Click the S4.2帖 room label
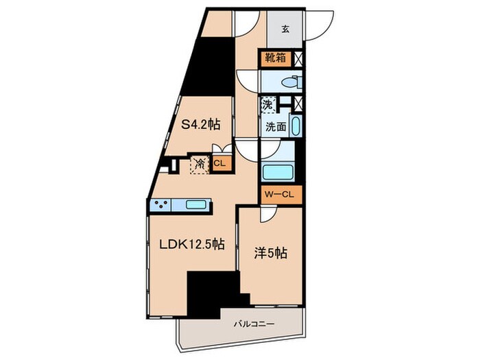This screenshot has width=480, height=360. tap(201, 124)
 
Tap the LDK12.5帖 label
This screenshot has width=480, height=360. tap(192, 244)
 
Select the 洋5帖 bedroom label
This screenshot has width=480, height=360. tap(270, 254)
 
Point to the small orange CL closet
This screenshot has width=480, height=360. tap(219, 163)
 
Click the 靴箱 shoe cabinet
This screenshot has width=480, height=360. tap(276, 58)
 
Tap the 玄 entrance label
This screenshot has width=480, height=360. tap(285, 29)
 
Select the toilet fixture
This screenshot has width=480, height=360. tap(291, 82)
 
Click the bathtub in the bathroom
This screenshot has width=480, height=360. tap(278, 173)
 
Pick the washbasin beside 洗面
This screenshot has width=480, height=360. tap(296, 125)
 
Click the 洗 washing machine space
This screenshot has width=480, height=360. tap(267, 106)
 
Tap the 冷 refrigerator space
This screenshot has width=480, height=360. tap(200, 165)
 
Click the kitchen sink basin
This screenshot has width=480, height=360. tap(195, 204)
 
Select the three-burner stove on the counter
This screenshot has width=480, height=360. tap(161, 204)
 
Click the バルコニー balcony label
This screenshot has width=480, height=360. tap(254, 324)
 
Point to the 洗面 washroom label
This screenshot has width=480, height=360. tap(276, 127)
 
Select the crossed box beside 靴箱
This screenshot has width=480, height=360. tap(298, 58)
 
